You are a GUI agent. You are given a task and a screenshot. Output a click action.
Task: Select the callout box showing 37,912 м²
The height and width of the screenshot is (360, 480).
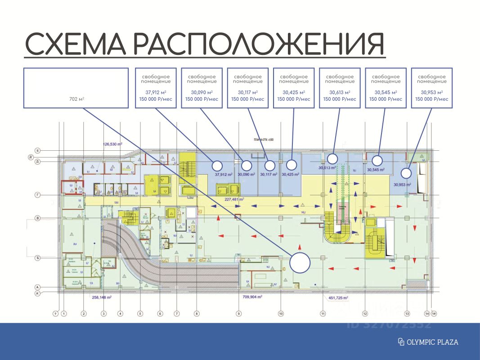coord(155,88)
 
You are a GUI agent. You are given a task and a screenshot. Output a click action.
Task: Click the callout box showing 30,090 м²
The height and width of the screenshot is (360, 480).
coord(201,88)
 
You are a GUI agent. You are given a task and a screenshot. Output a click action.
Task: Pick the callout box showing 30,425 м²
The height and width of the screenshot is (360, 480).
coord(293,88)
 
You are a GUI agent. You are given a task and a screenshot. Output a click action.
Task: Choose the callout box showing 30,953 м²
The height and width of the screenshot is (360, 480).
coord(431,88)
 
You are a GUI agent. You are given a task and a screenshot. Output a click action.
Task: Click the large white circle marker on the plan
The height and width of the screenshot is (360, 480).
coord(300,263)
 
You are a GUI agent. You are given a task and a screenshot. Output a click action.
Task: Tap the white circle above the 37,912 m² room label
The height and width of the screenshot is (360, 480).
coord(217,165)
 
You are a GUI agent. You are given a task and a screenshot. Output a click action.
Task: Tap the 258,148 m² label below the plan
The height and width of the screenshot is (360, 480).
coord(102,297)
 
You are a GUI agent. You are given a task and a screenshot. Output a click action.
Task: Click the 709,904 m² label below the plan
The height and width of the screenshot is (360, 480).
coord(251,297)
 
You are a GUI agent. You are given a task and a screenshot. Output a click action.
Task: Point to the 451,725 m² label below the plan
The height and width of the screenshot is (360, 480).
coord(336,298)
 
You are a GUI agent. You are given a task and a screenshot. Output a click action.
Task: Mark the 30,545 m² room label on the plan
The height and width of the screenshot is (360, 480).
coord(376,170)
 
